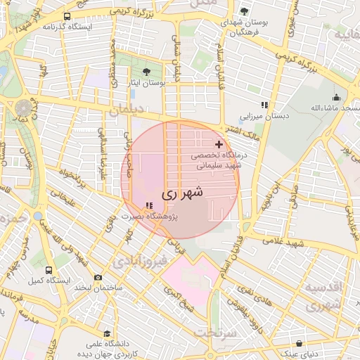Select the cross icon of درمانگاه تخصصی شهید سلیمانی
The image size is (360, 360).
219,143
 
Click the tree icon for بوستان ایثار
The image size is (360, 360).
146,71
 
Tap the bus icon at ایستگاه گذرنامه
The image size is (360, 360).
67,16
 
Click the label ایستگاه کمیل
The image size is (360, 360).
46,281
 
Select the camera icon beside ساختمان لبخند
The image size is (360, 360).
98,278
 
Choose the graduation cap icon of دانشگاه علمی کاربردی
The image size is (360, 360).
107,334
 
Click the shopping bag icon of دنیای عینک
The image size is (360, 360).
301,344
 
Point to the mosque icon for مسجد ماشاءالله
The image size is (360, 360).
336,98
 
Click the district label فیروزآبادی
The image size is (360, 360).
140,262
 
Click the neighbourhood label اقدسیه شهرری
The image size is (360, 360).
323,297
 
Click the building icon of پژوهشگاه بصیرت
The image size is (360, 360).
148,206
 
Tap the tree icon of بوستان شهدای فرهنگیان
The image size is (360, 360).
244,11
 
